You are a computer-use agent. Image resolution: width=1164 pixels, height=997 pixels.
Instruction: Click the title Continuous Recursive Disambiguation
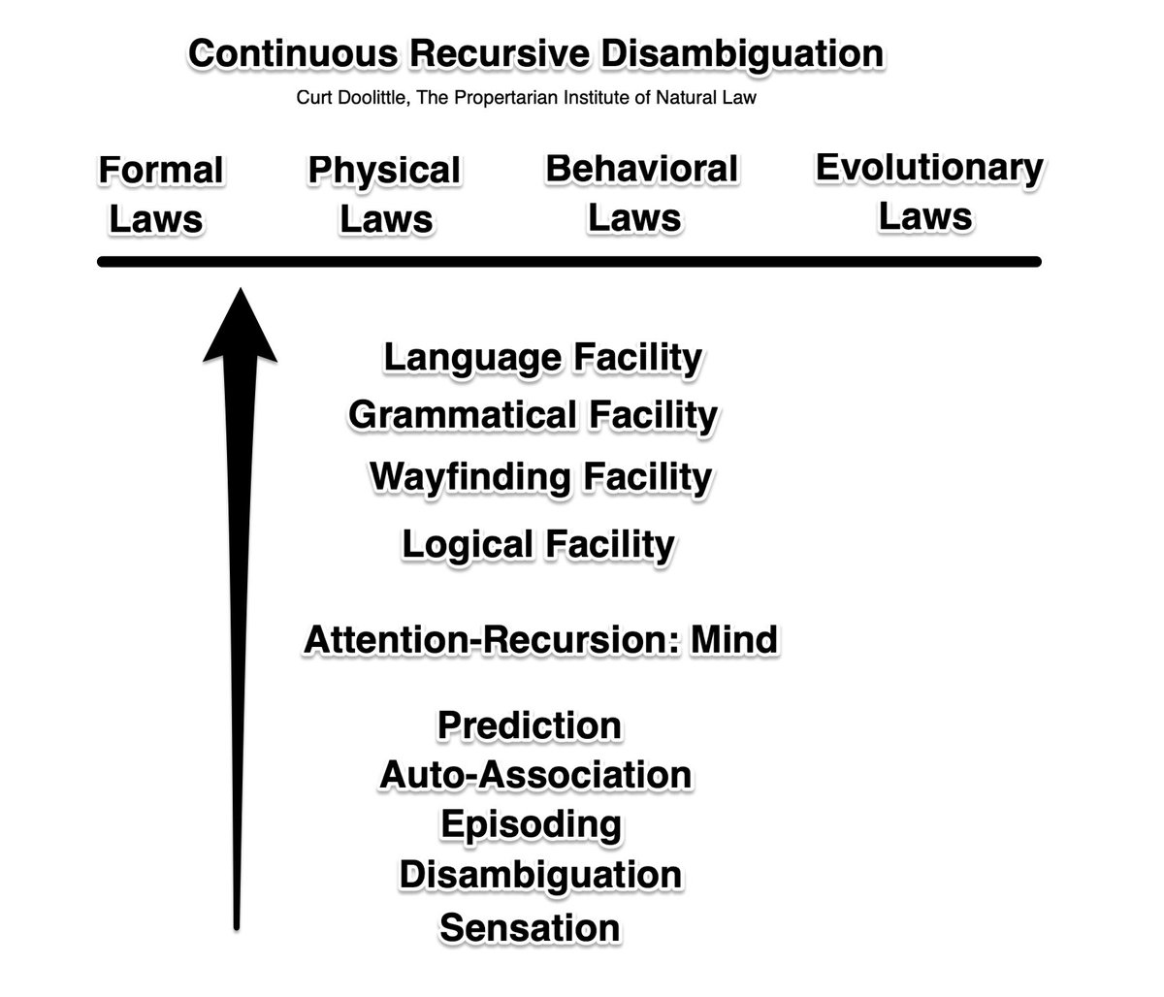click(536, 53)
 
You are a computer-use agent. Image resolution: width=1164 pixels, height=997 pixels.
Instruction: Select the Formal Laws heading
click(160, 194)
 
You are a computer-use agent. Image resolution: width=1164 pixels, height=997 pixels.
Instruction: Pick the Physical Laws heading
click(384, 194)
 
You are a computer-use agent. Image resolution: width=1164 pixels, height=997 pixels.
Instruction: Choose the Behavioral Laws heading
click(640, 192)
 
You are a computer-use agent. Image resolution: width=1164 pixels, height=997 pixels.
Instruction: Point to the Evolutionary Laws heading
click(928, 191)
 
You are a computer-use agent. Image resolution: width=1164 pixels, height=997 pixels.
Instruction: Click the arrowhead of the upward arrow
click(240, 325)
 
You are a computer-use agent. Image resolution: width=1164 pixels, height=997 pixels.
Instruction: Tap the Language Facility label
click(542, 357)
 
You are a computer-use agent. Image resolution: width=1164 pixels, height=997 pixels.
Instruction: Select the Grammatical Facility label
click(533, 415)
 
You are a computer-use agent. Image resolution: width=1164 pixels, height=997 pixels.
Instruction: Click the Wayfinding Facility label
click(540, 477)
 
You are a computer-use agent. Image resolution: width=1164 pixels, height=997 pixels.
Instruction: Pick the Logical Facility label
click(537, 544)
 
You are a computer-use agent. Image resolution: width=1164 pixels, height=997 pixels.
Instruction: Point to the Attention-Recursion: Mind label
click(540, 640)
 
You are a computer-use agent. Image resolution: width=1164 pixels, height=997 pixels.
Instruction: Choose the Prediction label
click(530, 724)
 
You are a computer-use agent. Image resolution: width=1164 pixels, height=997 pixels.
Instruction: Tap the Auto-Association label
click(535, 775)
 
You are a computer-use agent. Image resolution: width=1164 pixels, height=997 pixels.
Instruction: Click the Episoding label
click(531, 824)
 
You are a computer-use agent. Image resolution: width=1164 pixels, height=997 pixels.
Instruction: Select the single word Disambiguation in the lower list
click(540, 875)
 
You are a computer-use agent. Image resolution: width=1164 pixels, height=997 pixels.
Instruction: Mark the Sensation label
click(530, 927)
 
